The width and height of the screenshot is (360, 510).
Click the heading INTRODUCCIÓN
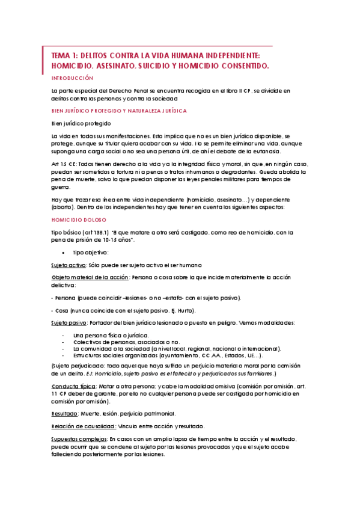click(72, 78)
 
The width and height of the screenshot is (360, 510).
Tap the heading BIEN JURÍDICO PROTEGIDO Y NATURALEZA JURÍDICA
click(119, 111)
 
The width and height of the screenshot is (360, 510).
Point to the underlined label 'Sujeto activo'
click(69, 265)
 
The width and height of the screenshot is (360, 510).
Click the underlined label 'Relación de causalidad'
click(84, 426)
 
